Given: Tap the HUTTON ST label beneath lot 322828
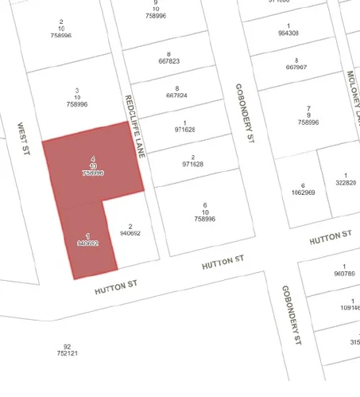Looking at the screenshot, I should (x=330, y=236).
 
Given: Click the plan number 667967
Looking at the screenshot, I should (x=296, y=68).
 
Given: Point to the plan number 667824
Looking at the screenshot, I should (x=176, y=95).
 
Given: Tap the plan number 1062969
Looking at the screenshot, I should (x=303, y=193).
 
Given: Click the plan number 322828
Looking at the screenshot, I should (x=346, y=182).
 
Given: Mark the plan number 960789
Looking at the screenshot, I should (x=345, y=274).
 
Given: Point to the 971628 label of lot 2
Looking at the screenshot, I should (x=193, y=164).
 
